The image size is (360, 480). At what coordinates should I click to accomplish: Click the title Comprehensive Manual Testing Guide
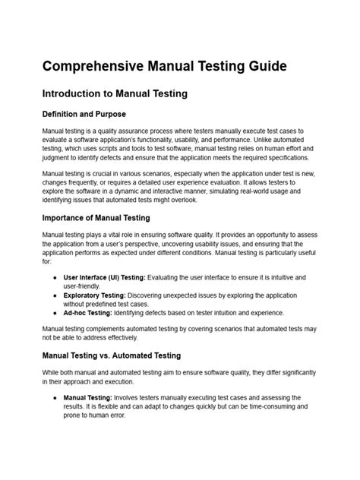click(x=164, y=67)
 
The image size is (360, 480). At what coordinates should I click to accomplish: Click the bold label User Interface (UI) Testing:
click(x=107, y=278)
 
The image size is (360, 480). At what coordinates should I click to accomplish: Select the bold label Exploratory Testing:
click(x=95, y=294)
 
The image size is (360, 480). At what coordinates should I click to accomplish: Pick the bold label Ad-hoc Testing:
click(x=88, y=313)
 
